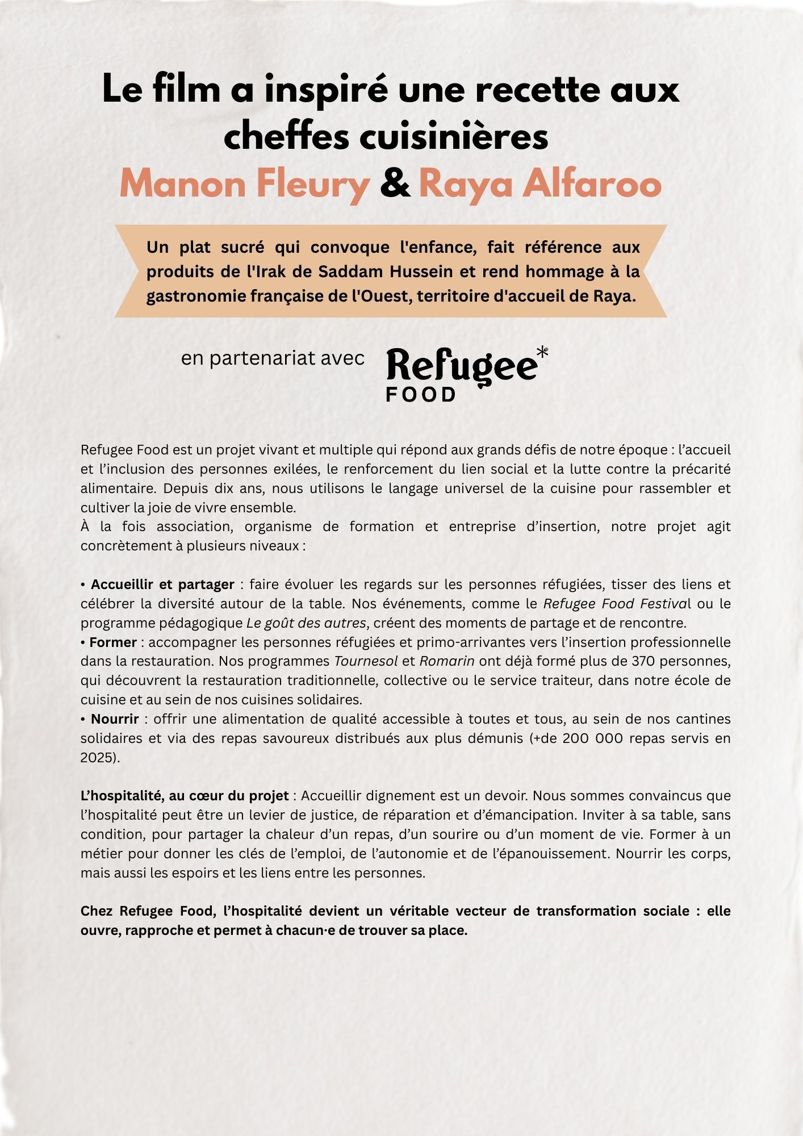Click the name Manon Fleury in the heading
click(244, 184)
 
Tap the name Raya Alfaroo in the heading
click(539, 184)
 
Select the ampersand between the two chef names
click(395, 184)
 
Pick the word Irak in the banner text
click(270, 272)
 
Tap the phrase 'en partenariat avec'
click(273, 358)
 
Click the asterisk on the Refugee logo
click(542, 353)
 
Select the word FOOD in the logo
click(421, 395)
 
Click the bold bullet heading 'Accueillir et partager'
click(162, 584)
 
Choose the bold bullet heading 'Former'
click(114, 642)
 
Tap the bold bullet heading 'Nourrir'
click(115, 719)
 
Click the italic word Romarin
click(447, 661)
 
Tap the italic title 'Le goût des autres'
click(306, 623)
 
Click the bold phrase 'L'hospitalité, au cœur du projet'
click(185, 796)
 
